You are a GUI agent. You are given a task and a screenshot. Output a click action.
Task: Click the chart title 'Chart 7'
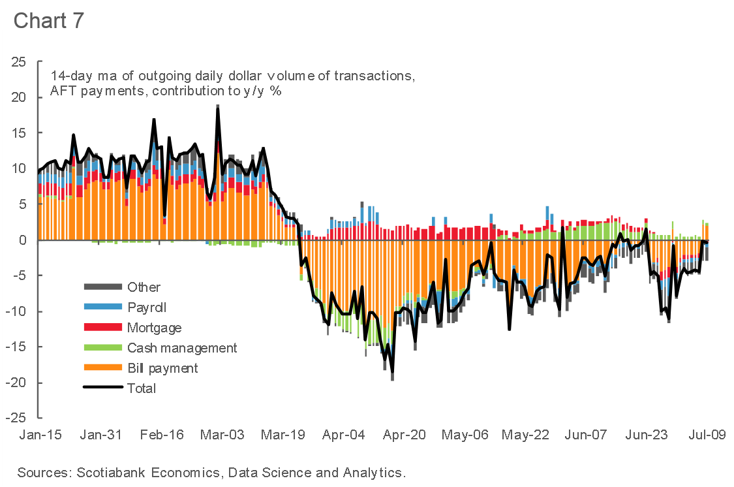tap(48, 20)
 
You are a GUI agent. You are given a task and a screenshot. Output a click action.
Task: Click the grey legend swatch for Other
tap(102, 287)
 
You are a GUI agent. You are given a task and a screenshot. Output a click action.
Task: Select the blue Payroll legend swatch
tap(102, 307)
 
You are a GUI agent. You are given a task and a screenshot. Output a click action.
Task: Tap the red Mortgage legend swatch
tap(102, 327)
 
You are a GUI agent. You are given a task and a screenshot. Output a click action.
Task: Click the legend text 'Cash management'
tap(182, 348)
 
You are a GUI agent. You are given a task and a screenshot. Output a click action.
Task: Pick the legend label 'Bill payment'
tap(162, 368)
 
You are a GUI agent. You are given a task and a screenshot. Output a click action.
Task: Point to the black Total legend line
tap(102, 388)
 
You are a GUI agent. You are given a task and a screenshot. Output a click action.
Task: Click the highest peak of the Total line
tap(217, 106)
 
